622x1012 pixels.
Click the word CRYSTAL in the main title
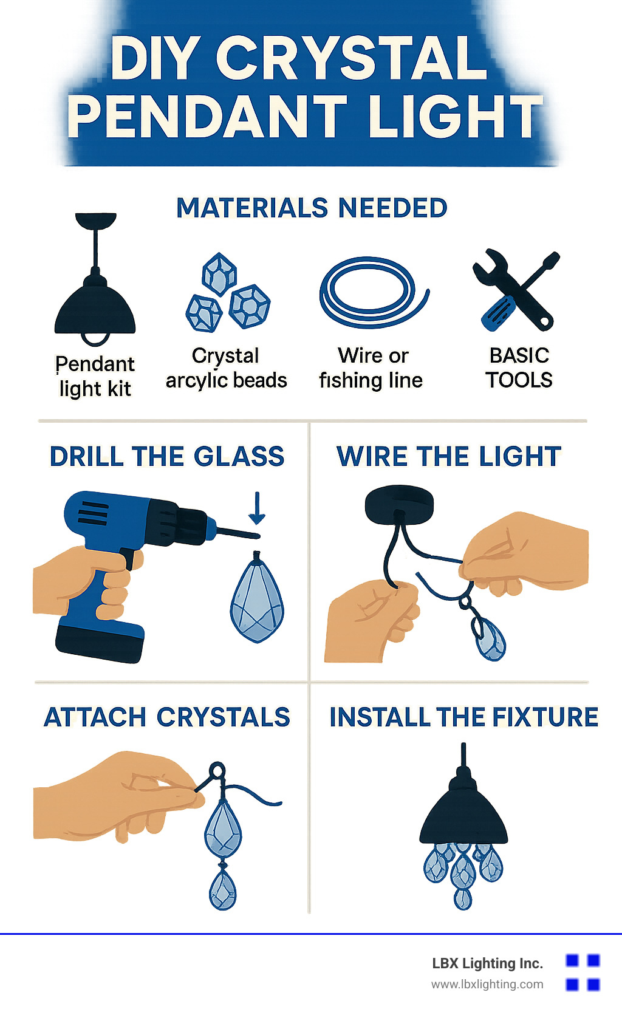click(352, 57)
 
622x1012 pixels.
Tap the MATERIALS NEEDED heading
click(312, 208)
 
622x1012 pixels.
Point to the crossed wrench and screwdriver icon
click(516, 290)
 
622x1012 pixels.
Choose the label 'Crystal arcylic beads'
click(227, 368)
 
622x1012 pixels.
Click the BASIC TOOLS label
click(519, 368)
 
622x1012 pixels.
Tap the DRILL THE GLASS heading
click(166, 456)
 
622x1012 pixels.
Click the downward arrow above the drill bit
click(257, 508)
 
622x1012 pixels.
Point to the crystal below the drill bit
click(257, 597)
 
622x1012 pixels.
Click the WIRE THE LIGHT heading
click(448, 456)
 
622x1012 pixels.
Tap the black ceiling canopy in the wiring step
click(399, 504)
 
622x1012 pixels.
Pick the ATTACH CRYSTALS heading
click(166, 717)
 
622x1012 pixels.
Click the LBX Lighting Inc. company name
click(487, 963)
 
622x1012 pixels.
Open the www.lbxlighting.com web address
click(487, 985)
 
